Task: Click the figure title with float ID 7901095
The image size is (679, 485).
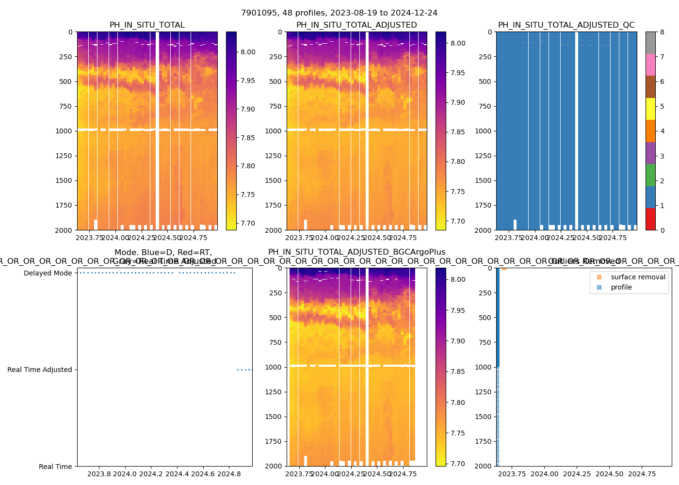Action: pyautogui.click(x=339, y=13)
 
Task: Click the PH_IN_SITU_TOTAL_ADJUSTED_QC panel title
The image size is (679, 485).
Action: pyautogui.click(x=566, y=25)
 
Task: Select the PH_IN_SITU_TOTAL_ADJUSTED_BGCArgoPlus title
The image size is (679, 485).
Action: pyautogui.click(x=356, y=252)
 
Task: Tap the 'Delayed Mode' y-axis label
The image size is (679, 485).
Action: pyautogui.click(x=48, y=273)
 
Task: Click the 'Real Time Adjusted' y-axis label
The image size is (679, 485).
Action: pyautogui.click(x=39, y=370)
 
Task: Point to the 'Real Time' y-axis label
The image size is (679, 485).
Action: pyautogui.click(x=55, y=467)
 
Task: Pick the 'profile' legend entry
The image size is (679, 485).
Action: pyautogui.click(x=621, y=287)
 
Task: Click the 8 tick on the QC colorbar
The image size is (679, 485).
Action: pyautogui.click(x=662, y=32)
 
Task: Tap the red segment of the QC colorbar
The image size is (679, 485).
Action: pyautogui.click(x=650, y=219)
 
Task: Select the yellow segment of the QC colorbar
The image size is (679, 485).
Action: pyautogui.click(x=650, y=109)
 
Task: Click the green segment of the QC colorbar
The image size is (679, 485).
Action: pyautogui.click(x=650, y=175)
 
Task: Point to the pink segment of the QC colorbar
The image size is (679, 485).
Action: pyautogui.click(x=650, y=65)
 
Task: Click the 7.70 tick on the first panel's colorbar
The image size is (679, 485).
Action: pyautogui.click(x=248, y=224)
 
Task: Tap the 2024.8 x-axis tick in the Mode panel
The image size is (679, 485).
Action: pyautogui.click(x=229, y=474)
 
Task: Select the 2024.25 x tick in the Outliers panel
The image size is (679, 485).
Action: pyautogui.click(x=577, y=474)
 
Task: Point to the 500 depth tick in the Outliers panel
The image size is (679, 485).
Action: pyautogui.click(x=485, y=318)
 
